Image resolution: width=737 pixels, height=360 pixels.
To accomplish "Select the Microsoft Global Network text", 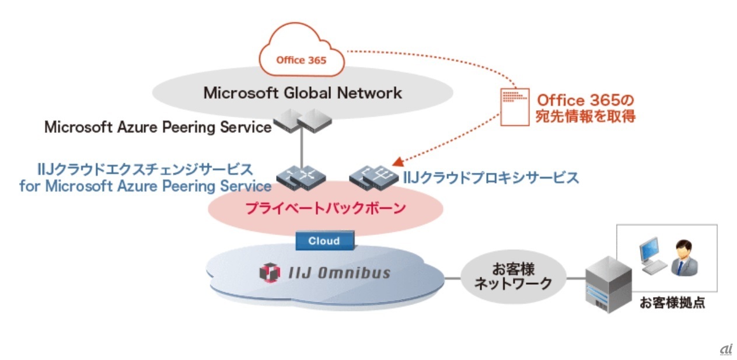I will [302, 93].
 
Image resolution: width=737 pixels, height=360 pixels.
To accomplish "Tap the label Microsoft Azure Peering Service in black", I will [158, 127].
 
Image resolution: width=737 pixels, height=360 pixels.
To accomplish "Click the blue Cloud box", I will [324, 240].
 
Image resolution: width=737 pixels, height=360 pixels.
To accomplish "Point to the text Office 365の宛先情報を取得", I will [585, 107].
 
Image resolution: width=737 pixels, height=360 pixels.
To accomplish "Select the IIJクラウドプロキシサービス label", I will [491, 177].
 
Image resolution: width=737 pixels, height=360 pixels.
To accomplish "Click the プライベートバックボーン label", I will [325, 208].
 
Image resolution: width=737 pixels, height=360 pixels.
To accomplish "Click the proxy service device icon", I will [374, 177].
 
